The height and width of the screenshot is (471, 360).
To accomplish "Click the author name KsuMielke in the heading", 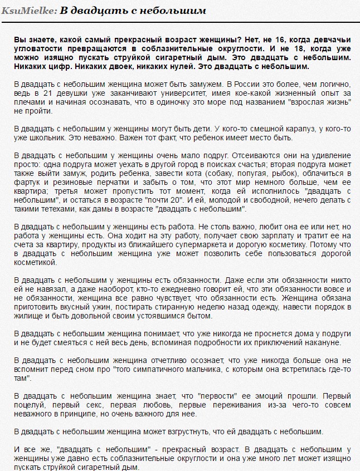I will pos(29,10).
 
